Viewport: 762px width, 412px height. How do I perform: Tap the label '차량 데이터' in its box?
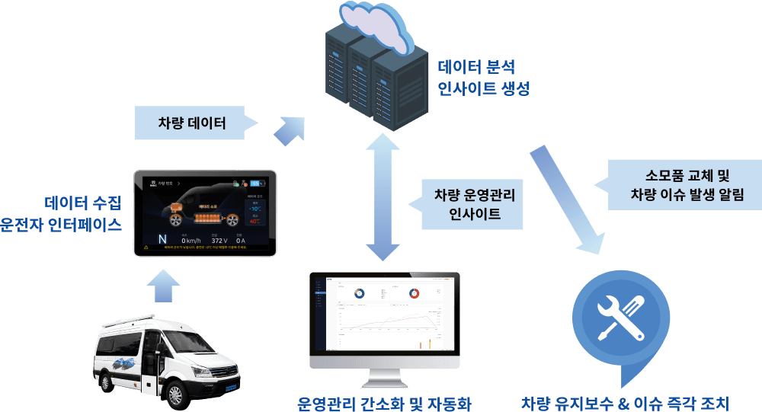tap(192, 123)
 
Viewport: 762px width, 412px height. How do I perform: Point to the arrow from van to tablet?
tap(162, 287)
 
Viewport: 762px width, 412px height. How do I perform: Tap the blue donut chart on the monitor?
tap(357, 292)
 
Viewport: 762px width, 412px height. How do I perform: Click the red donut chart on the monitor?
tap(414, 292)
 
